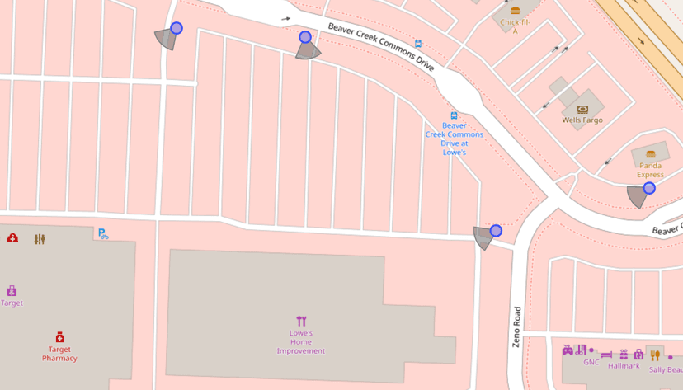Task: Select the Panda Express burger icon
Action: coord(650,154)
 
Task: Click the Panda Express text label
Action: coord(650,170)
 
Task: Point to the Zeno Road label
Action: coord(517,327)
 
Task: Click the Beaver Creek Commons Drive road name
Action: coord(380,47)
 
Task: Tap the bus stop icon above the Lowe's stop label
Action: coord(454,115)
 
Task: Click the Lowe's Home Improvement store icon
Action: coord(301,321)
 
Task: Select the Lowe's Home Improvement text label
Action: coord(300,342)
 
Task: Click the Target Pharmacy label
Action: coord(59,354)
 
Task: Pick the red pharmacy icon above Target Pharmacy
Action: coord(59,337)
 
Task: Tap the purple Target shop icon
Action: coord(12,290)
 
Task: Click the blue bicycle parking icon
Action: coord(103,234)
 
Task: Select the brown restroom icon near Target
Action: coord(40,239)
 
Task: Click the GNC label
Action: coord(591,362)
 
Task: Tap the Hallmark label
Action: coord(624,366)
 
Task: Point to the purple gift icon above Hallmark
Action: coord(624,355)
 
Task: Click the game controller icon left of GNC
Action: coord(568,350)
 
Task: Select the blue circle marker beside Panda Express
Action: coord(649,188)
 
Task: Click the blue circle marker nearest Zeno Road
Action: coord(496,231)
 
